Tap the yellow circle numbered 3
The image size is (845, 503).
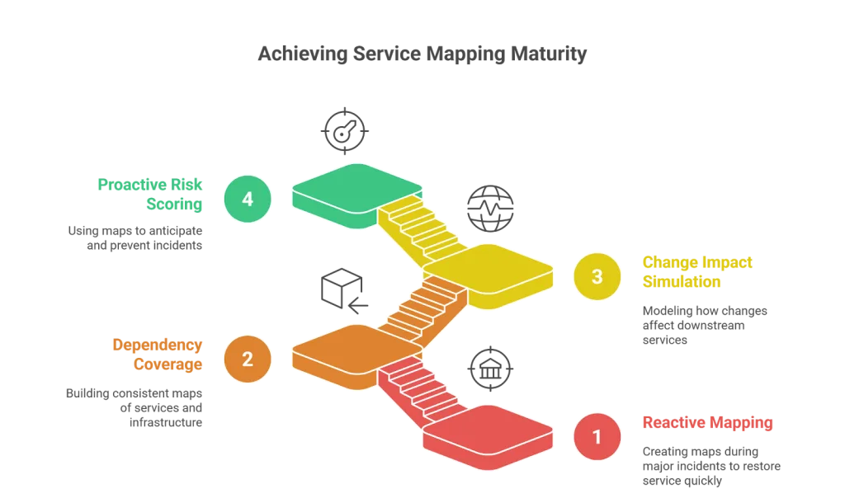[597, 277]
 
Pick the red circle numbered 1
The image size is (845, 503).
[597, 438]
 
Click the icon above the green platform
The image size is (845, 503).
[343, 129]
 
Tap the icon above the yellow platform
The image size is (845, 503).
[489, 208]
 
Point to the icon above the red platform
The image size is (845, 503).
[489, 368]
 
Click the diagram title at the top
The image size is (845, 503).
[422, 54]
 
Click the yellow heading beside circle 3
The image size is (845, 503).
[697, 272]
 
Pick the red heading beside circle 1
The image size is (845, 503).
[708, 424]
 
